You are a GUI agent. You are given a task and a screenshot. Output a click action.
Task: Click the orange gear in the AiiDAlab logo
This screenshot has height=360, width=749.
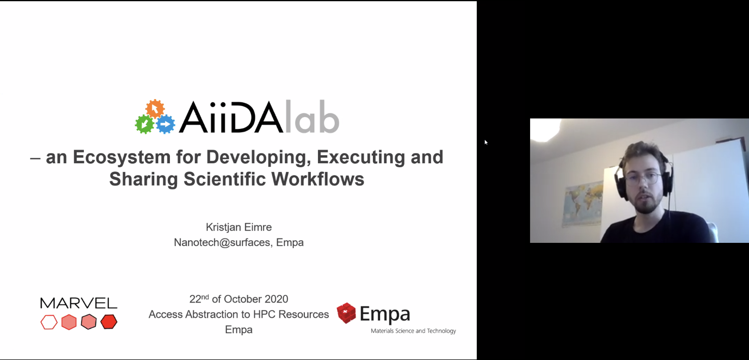point(155,108)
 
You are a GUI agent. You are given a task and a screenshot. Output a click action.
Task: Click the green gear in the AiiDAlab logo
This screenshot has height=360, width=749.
point(144,124)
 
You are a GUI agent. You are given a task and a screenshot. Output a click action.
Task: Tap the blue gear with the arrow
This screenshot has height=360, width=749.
point(166,124)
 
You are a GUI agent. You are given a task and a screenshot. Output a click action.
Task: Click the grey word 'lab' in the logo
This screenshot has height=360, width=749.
point(312,116)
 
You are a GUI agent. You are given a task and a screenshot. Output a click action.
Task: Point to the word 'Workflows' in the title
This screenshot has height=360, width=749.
point(318,179)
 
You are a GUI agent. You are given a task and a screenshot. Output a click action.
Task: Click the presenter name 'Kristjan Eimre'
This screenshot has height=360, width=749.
point(239,227)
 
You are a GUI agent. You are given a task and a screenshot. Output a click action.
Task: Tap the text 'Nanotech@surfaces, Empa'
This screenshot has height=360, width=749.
point(239,242)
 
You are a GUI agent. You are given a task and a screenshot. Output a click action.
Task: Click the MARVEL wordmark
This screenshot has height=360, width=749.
point(79,303)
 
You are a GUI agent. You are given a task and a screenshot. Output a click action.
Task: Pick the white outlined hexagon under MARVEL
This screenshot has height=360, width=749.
point(49,322)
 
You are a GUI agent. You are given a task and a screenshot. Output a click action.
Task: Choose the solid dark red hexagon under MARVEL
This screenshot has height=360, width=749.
point(109,321)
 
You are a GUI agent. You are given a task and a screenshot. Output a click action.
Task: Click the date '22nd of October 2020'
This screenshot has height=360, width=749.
point(239,299)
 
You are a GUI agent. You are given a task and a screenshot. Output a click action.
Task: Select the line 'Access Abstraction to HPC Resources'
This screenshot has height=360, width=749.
point(239,314)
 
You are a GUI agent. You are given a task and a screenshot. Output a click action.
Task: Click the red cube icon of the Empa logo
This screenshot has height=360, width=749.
point(346,313)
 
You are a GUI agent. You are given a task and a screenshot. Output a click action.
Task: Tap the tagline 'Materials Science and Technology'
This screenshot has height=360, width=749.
point(413,331)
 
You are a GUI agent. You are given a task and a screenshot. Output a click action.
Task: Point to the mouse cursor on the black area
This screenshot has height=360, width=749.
point(486,142)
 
